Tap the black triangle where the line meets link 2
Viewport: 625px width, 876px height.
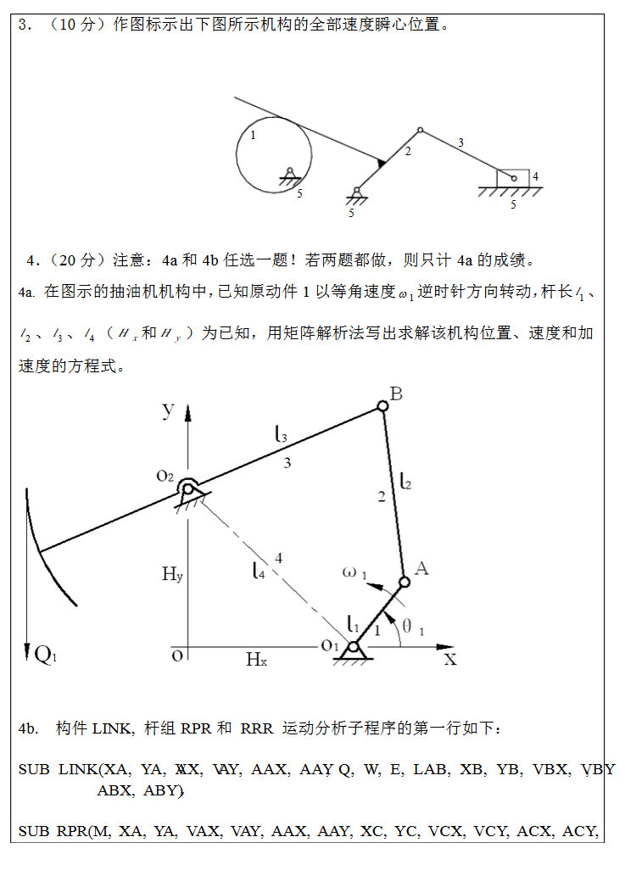(x=381, y=161)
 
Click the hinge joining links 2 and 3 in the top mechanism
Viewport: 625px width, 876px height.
(x=420, y=131)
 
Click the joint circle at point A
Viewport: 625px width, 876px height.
(x=405, y=583)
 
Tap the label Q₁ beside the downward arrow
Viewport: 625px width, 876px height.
(x=44, y=653)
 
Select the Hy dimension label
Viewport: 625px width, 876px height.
(x=172, y=574)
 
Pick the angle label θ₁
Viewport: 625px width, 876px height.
(x=413, y=628)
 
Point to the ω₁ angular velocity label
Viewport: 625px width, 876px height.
(x=354, y=572)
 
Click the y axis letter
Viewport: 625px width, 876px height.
(x=169, y=410)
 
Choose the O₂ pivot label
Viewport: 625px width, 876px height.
(x=165, y=476)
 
